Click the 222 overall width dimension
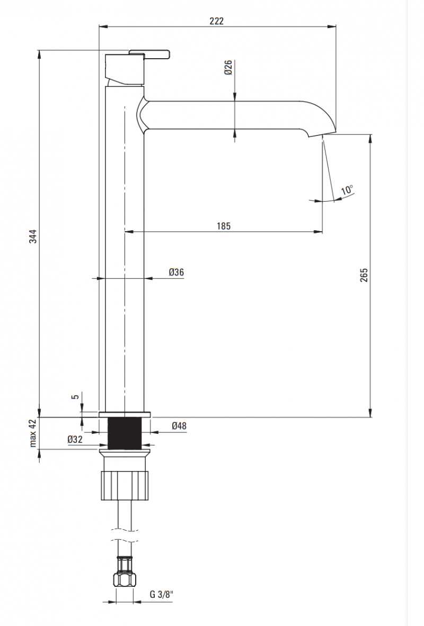[216, 21]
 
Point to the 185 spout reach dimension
[224, 226]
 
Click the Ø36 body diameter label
[176, 272]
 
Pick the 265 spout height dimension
[364, 275]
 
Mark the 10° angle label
[347, 190]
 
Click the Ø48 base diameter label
[179, 425]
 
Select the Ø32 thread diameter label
[75, 439]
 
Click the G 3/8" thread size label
[162, 594]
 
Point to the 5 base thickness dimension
[76, 396]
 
